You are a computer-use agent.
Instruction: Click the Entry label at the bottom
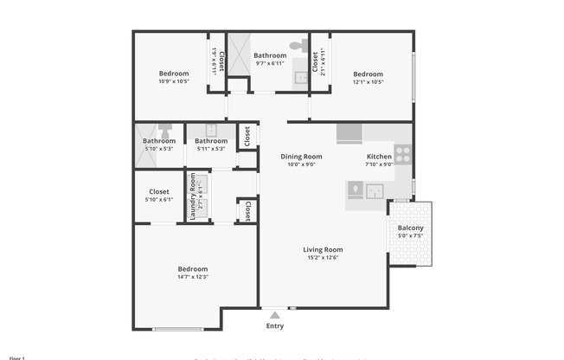click(274, 326)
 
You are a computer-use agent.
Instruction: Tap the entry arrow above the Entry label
click(274, 315)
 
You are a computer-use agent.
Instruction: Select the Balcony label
click(410, 228)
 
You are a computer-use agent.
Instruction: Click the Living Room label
click(323, 249)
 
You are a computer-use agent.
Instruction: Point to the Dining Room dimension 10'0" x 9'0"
click(298, 164)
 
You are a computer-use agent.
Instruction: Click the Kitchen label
click(379, 157)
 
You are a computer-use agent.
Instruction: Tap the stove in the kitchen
click(403, 156)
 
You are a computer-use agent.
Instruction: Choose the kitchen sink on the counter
click(375, 190)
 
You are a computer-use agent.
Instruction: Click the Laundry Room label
click(193, 198)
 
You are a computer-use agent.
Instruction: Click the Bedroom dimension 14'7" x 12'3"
click(192, 277)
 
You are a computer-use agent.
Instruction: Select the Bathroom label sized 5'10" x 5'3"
click(159, 141)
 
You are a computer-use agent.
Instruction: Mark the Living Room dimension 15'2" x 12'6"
click(323, 257)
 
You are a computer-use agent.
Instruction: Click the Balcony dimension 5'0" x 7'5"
click(410, 236)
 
